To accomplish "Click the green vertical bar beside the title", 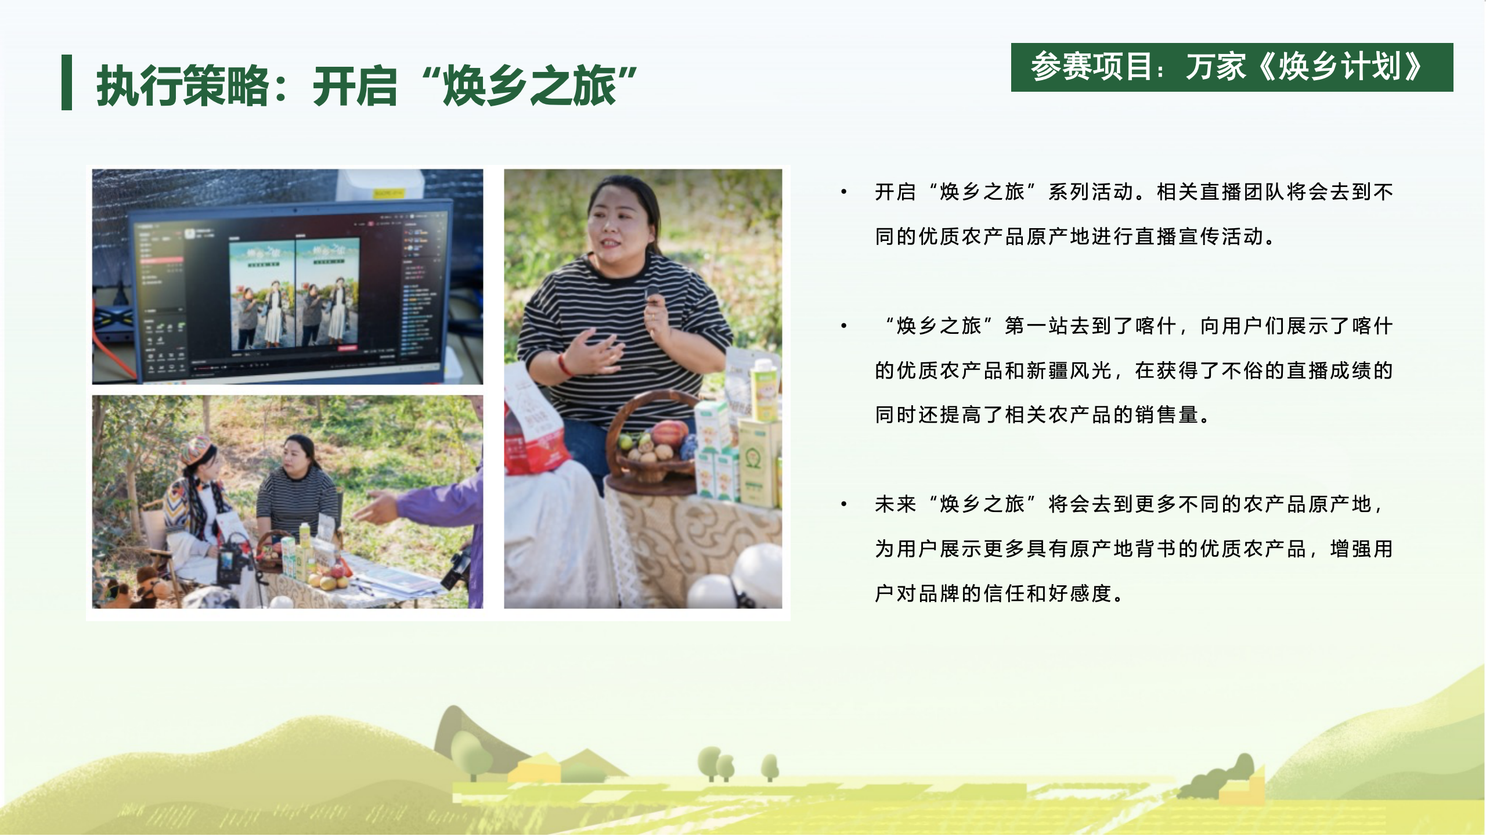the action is (67, 82).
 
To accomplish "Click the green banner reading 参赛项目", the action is (1232, 67).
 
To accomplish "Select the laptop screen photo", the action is (287, 276).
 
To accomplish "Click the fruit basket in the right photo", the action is (653, 441).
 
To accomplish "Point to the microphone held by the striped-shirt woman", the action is (654, 296).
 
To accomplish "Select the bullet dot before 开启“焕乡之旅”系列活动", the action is (844, 192).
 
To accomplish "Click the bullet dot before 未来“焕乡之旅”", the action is (844, 505).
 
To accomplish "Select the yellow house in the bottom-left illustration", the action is (534, 769).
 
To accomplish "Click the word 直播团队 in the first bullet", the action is (1243, 192).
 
